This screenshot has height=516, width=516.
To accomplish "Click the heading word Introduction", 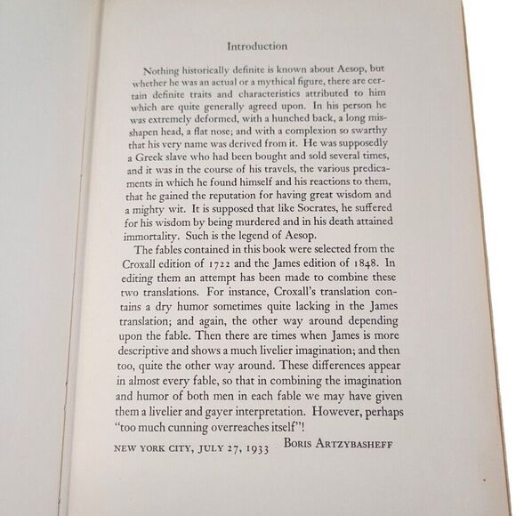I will [x=257, y=45].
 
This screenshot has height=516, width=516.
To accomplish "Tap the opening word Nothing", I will [x=162, y=69].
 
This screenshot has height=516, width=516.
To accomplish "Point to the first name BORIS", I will [x=301, y=443].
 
